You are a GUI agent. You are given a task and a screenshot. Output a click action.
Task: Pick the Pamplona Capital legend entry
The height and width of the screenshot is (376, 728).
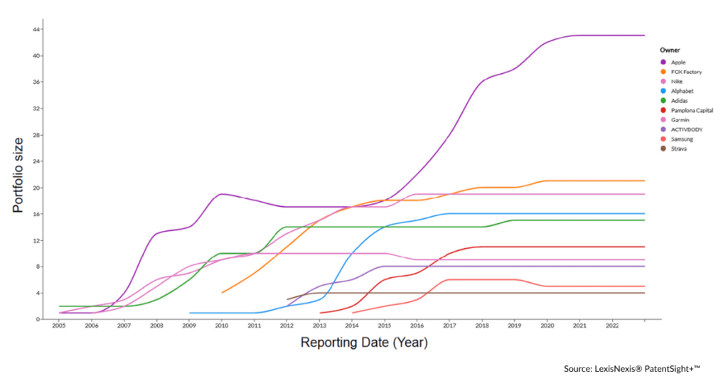click(x=692, y=110)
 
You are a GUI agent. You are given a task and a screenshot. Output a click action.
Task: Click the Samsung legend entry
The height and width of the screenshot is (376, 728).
click(x=682, y=139)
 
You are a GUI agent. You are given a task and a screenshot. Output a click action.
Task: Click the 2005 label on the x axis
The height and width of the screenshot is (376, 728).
click(x=58, y=326)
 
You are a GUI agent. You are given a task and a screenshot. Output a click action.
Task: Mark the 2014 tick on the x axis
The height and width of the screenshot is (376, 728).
click(x=352, y=326)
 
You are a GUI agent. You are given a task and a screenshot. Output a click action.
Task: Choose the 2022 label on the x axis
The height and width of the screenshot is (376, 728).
click(x=612, y=326)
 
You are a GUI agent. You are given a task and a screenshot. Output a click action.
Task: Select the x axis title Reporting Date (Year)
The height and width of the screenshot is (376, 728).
click(x=364, y=343)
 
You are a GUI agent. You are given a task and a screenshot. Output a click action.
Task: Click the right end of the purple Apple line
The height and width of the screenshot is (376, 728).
click(x=644, y=35)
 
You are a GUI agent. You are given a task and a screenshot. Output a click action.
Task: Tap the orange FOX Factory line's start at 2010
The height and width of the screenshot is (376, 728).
click(x=222, y=293)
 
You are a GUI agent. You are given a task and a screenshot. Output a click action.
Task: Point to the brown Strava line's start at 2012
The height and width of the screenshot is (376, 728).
click(x=287, y=299)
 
